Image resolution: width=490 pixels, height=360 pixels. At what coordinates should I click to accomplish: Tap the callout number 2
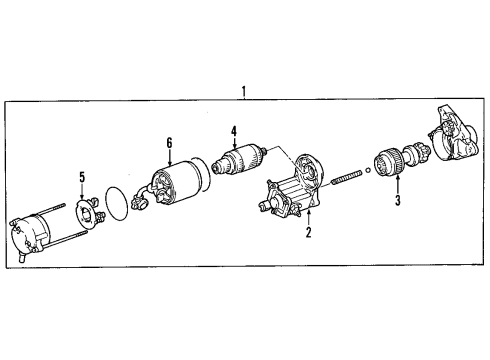coord(309,234)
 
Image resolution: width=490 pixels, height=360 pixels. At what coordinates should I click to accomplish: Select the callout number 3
coord(398,201)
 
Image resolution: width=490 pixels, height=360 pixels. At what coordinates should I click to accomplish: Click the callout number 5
coord(83,177)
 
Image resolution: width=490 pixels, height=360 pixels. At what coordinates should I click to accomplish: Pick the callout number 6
coord(170,143)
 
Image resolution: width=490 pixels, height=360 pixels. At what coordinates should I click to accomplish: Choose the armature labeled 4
coord(240,159)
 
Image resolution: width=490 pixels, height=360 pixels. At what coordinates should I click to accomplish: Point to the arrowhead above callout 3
coord(398,180)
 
